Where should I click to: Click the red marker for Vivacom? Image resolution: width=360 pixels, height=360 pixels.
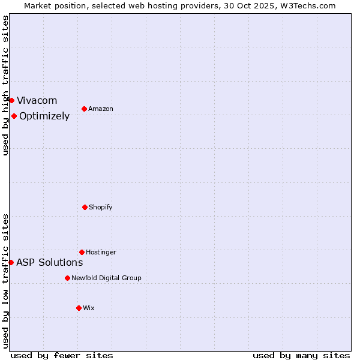click(x=11, y=100)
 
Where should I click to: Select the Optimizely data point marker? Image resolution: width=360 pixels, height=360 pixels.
click(x=14, y=116)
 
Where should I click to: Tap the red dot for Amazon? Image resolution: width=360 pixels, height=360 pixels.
click(x=84, y=109)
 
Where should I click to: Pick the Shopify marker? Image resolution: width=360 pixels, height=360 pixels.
click(x=85, y=207)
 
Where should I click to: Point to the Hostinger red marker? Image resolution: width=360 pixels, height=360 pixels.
click(x=82, y=252)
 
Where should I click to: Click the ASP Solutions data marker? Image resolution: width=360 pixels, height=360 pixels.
click(x=11, y=262)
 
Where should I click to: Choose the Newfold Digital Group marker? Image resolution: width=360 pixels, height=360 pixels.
click(x=67, y=278)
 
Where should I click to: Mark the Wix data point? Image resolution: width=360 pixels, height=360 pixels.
click(x=79, y=308)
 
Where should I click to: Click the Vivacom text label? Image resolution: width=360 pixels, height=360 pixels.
click(x=37, y=100)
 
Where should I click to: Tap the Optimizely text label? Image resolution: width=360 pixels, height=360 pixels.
click(x=44, y=116)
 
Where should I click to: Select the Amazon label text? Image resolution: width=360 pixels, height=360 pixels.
click(x=101, y=109)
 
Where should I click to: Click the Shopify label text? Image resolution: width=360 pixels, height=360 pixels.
click(x=101, y=207)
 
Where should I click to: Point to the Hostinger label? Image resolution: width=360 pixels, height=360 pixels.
click(x=101, y=252)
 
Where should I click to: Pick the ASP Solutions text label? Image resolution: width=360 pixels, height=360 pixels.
click(x=49, y=262)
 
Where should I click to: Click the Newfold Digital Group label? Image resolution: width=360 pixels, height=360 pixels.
click(x=106, y=278)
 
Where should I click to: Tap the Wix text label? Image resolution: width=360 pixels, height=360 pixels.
click(x=89, y=308)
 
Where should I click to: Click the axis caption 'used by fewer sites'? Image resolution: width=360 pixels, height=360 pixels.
click(x=62, y=355)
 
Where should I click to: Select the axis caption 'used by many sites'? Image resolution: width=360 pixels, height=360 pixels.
click(x=301, y=355)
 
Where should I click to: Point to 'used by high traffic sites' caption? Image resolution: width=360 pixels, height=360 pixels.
click(x=5, y=85)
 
